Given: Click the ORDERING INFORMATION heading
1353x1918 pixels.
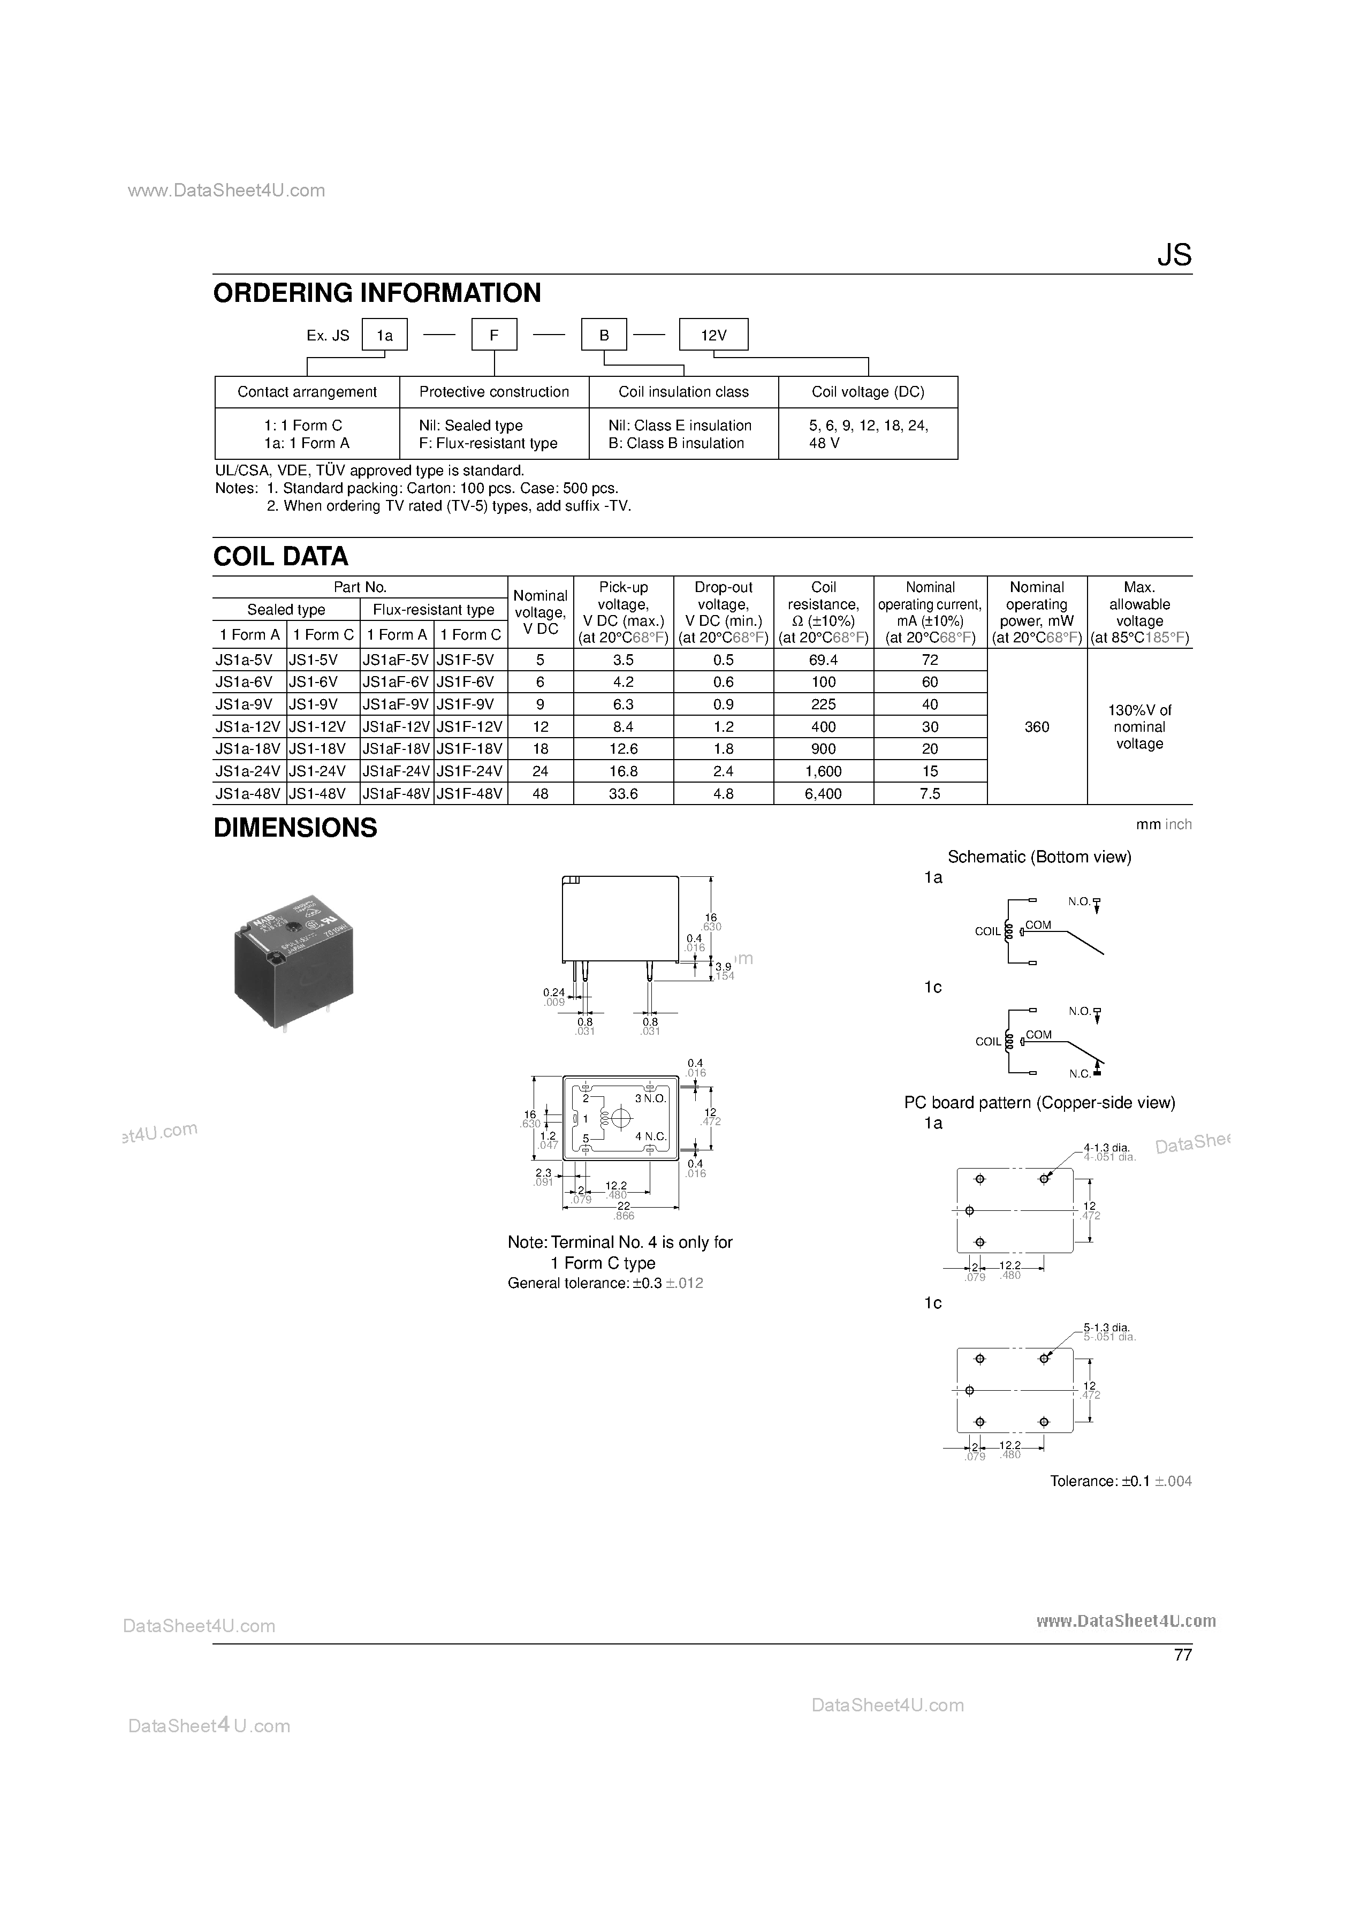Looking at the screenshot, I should pos(377,293).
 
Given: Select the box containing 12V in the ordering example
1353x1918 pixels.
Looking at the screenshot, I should pos(713,335).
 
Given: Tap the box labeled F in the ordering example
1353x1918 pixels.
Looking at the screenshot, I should pos(495,335).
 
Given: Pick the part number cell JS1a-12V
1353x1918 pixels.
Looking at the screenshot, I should pos(249,727).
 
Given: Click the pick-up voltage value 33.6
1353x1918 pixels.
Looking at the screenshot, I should pos(623,794).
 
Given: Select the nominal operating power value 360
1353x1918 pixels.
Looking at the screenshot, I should pos(1037,727).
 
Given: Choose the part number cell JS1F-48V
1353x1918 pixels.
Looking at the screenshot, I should pos(470,794).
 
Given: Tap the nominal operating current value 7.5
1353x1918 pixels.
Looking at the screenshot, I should pos(930,794).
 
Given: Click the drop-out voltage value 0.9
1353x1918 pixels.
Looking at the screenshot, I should pos(723,704).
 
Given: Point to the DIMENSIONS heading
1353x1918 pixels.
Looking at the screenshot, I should pos(295,828).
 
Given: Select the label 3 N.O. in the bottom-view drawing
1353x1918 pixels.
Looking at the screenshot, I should pos(650,1098).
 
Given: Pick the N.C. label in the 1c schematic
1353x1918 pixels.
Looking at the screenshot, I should pos(1080,1074).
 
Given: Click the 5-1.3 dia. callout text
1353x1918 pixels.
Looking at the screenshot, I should pos(1107,1328).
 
